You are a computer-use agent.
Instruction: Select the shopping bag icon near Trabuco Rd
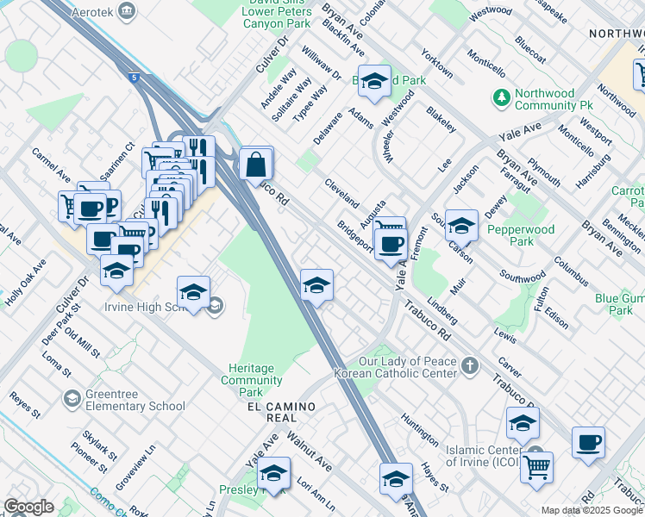pyautogui.click(x=256, y=163)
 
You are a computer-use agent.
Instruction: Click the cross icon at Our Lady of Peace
pyautogui.click(x=469, y=367)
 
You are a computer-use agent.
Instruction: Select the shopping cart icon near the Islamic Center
pyautogui.click(x=536, y=468)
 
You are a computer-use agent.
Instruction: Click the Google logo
pyautogui.click(x=28, y=507)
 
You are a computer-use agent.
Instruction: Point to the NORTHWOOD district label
pyautogui.click(x=616, y=33)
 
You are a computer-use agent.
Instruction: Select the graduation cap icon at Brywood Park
pyautogui.click(x=374, y=82)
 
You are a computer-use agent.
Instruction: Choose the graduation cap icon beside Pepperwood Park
pyautogui.click(x=461, y=225)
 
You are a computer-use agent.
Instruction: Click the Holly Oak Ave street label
pyautogui.click(x=25, y=289)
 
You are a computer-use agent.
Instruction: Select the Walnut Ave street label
pyautogui.click(x=310, y=452)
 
